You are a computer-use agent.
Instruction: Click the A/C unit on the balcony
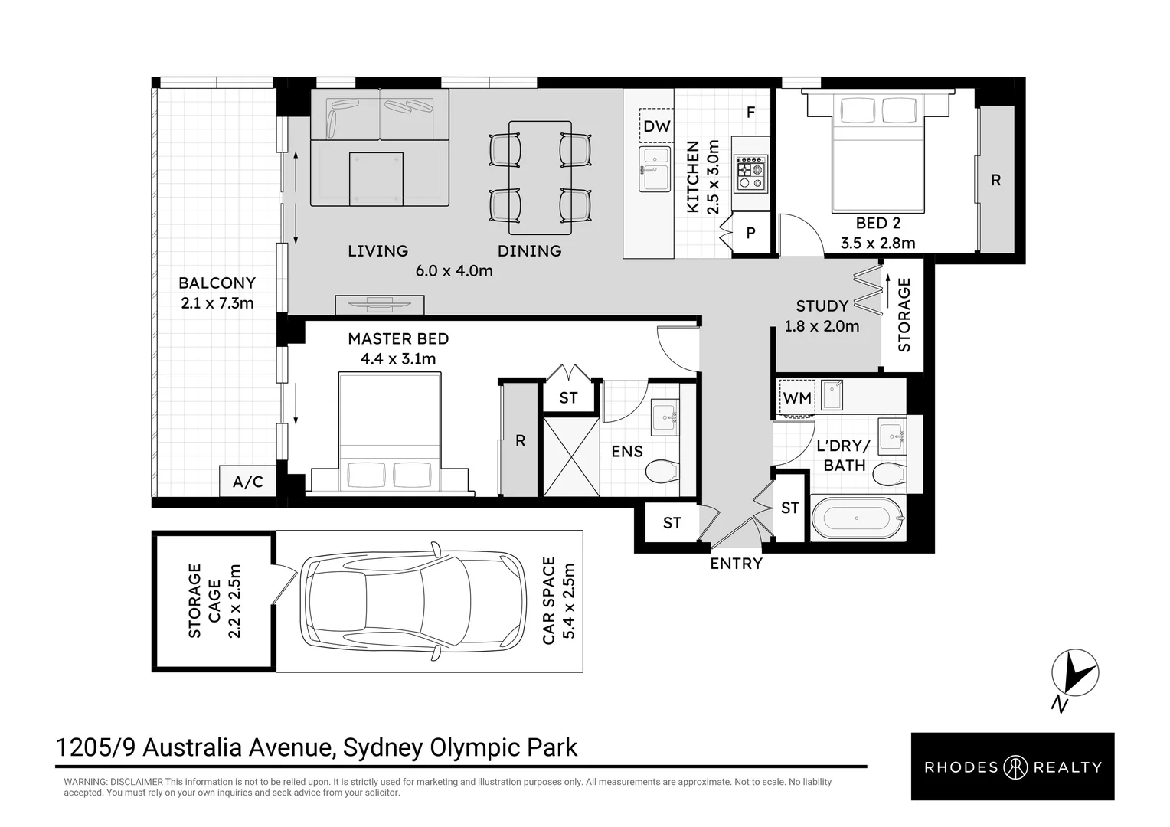(247, 481)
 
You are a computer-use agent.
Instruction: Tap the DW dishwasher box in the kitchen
(656, 126)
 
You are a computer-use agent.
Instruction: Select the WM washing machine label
(797, 398)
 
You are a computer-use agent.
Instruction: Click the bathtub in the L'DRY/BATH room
(858, 518)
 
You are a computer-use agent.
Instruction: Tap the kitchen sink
(655, 169)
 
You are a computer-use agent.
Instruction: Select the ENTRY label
(736, 563)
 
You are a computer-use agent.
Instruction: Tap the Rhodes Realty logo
(1013, 767)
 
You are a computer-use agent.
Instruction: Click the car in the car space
(413, 601)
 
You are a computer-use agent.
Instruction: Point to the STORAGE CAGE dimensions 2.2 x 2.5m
(234, 601)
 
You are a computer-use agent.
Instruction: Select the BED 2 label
(878, 223)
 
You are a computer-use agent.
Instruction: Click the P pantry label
(750, 233)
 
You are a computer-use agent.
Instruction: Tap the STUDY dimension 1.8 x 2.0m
(822, 326)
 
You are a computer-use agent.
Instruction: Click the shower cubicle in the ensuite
(571, 456)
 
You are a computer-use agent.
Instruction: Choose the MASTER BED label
(398, 338)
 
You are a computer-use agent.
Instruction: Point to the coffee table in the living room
(376, 178)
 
